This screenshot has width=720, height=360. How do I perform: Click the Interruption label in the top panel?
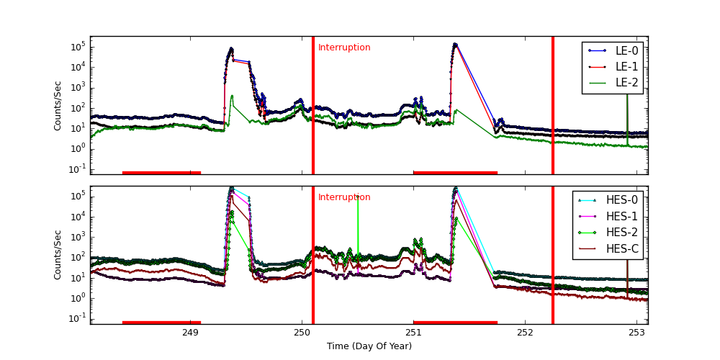pos(344,48)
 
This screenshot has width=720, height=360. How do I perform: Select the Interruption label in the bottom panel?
pos(344,197)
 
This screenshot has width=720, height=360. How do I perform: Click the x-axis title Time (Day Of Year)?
pos(369,346)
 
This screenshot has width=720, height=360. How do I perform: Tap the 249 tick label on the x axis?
pos(190,333)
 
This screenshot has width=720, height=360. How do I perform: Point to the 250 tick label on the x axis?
pos(302,333)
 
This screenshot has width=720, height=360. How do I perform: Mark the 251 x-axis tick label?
pos(413,333)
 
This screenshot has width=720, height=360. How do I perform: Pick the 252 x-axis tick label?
pos(525,333)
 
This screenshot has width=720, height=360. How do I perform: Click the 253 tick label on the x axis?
pos(636,333)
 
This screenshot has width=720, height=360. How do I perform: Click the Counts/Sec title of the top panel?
pos(58,105)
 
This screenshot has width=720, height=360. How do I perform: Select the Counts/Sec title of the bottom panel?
pos(58,255)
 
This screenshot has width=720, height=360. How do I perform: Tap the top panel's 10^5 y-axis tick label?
pos(77,47)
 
